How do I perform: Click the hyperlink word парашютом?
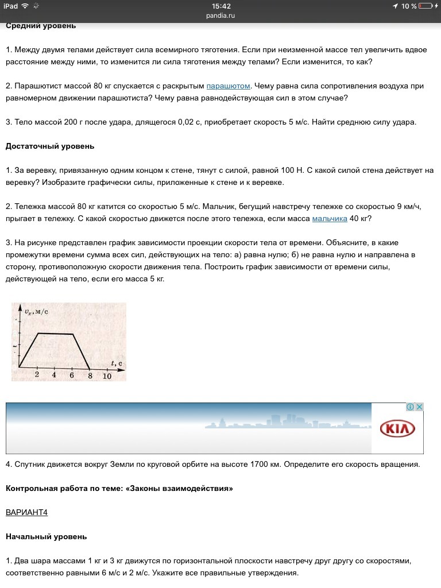point(228,86)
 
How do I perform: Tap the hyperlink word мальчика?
point(330,219)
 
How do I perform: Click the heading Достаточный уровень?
point(50,146)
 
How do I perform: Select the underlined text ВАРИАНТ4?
point(26,512)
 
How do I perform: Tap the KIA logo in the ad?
point(397,428)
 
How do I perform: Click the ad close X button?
point(419,407)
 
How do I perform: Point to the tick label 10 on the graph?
point(107,376)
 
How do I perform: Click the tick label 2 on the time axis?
point(37,375)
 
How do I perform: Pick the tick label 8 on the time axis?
point(90,376)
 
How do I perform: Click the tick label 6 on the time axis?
point(72,375)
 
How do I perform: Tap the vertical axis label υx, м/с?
point(36,311)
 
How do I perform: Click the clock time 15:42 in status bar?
point(220,6)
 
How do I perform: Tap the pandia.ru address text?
point(220,16)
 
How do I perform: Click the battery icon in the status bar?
point(425,6)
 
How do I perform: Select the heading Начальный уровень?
point(46,536)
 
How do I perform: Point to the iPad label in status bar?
point(11,6)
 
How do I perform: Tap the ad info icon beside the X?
point(410,407)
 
